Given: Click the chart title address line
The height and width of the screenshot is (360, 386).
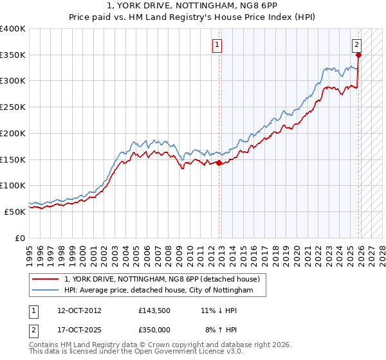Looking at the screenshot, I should (x=193, y=6).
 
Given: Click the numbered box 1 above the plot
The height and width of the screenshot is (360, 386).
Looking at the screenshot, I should (x=218, y=45).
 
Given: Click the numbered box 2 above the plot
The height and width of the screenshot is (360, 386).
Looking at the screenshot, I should (x=356, y=45).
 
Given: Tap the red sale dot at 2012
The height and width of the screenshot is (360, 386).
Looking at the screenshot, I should (x=219, y=163).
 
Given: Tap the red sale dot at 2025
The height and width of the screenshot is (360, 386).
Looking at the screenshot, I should (x=358, y=55).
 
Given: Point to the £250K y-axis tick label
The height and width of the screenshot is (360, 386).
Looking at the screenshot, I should (x=13, y=107).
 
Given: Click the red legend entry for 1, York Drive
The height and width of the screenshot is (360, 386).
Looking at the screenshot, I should (x=161, y=279).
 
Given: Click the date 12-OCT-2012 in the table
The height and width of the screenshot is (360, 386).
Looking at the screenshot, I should (x=79, y=310).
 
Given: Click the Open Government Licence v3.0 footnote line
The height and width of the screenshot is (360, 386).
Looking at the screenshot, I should (x=125, y=352).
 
